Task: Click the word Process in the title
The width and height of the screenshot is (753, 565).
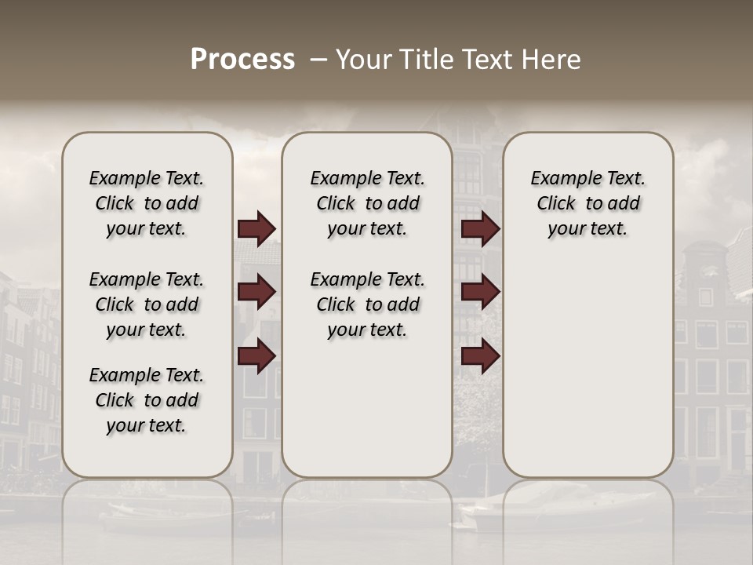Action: coord(242,59)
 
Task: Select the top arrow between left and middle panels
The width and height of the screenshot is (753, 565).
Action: coord(256,229)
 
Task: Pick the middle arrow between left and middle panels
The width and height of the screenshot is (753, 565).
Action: coord(256,292)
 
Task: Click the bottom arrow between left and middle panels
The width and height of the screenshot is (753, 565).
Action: coord(256,355)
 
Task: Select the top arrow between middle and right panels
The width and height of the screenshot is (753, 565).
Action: coord(480,229)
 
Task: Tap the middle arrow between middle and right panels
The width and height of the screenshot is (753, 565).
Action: coord(480,292)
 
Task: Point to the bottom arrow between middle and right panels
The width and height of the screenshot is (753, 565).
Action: coord(480,357)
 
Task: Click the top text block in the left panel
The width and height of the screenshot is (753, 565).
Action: coord(147,203)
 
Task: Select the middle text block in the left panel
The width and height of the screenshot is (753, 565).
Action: coord(147,304)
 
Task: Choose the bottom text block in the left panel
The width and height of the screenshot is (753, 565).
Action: coord(147,400)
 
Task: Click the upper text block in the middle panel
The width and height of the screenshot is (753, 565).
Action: coord(368,203)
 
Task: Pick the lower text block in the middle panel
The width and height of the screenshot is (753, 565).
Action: coord(368,304)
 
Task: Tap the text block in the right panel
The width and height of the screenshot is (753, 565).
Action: coord(588,203)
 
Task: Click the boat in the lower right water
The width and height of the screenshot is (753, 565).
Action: coord(549,507)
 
